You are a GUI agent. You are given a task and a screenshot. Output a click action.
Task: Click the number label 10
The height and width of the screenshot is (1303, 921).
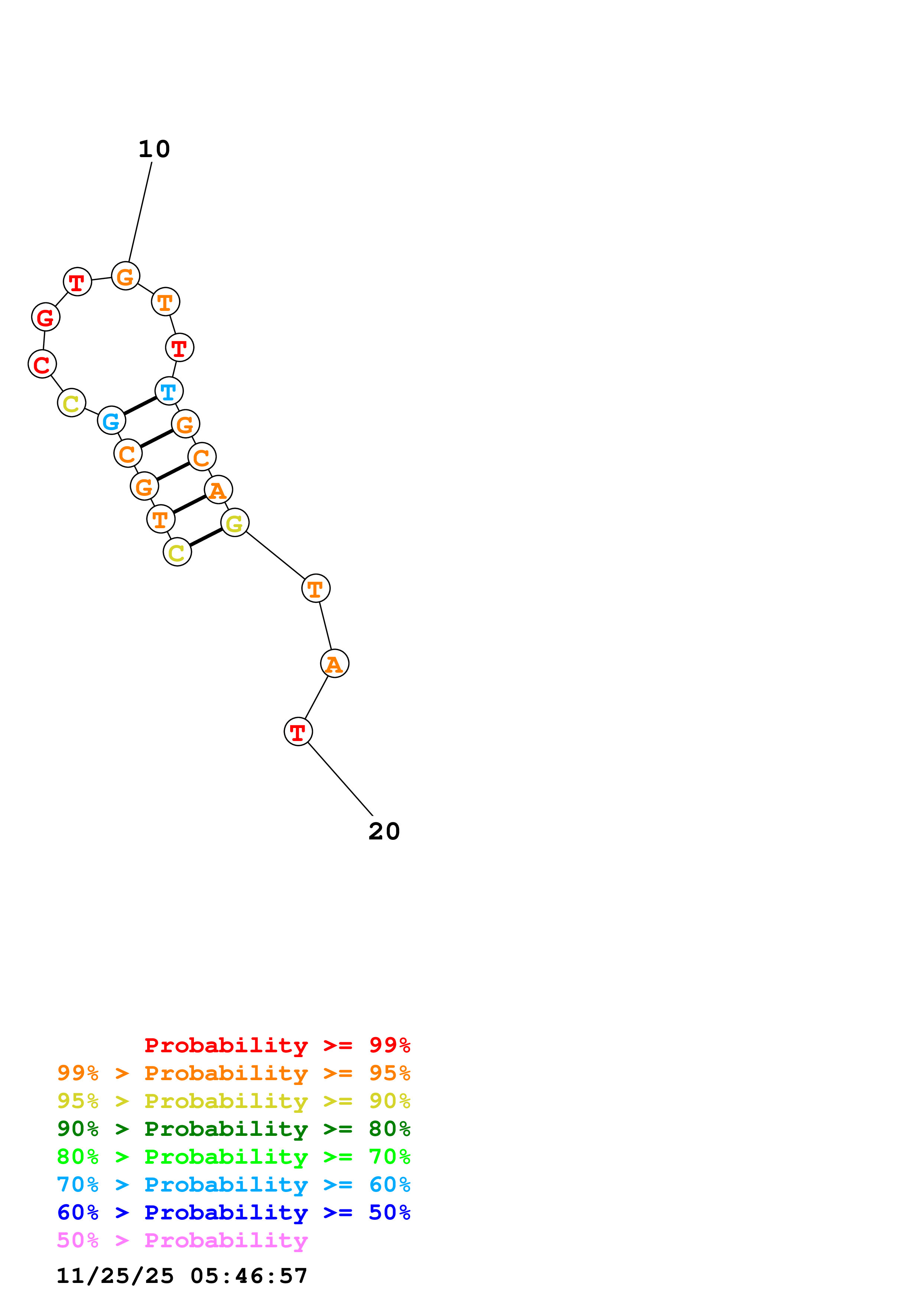click(x=154, y=149)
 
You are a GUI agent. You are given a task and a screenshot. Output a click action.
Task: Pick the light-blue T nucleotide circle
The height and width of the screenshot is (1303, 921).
click(x=169, y=391)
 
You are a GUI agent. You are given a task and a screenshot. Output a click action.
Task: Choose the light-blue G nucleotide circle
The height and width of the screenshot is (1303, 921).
click(x=111, y=420)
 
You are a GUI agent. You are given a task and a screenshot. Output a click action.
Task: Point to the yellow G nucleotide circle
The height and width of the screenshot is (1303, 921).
click(x=234, y=523)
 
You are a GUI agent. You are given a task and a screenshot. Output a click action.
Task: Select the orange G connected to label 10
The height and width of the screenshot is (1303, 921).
click(x=126, y=276)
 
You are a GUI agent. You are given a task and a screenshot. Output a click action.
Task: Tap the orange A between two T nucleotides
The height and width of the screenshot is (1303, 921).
click(x=334, y=663)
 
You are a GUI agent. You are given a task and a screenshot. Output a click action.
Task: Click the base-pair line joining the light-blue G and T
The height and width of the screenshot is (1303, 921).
click(x=140, y=406)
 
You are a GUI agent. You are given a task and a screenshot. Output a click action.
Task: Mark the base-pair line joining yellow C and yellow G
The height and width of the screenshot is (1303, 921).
click(x=206, y=537)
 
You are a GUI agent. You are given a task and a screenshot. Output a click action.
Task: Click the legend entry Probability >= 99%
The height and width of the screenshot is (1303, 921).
click(x=277, y=1045)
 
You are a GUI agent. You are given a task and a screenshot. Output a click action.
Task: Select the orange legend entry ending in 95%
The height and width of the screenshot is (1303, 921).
click(x=233, y=1073)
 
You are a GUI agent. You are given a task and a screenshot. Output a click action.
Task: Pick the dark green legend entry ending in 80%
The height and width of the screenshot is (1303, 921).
click(x=233, y=1129)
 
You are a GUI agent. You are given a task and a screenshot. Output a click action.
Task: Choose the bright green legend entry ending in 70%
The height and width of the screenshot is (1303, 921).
click(x=233, y=1157)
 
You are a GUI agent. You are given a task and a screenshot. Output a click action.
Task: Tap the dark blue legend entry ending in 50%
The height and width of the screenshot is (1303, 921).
click(x=233, y=1212)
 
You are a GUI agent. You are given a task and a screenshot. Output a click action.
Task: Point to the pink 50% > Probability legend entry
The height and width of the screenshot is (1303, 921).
click(x=182, y=1240)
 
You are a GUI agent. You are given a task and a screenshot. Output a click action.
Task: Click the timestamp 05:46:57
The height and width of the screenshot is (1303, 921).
click(x=249, y=1276)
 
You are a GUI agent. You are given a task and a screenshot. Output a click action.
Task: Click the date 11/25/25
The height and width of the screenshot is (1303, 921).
click(x=115, y=1276)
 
